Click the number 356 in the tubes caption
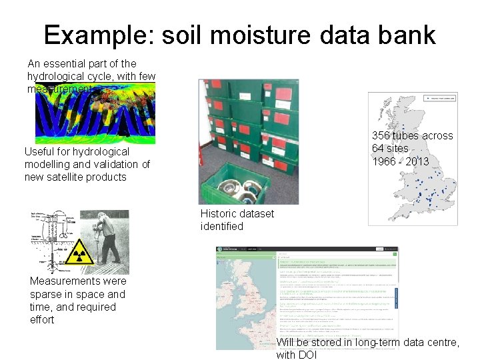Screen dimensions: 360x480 click(381, 136)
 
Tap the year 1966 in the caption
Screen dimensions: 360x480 click(383, 161)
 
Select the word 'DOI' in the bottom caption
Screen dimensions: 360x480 click(307, 355)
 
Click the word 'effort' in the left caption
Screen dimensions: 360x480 click(42, 319)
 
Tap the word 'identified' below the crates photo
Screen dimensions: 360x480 click(222, 227)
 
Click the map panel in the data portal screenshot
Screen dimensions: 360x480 click(246, 300)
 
